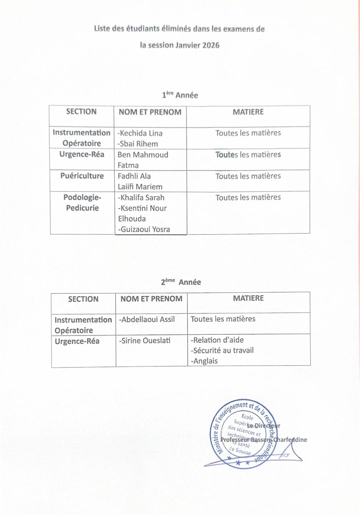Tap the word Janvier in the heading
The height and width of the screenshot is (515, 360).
(185, 45)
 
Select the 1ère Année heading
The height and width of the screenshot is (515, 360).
(180, 95)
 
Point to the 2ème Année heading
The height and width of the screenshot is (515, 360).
(181, 282)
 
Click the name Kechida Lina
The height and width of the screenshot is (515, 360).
(140, 133)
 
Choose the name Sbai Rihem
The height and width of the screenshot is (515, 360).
(137, 144)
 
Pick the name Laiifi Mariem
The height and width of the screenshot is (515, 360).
(140, 187)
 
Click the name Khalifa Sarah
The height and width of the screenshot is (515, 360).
(141, 198)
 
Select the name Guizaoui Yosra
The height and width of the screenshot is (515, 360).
(144, 229)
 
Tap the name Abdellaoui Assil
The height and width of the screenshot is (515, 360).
(147, 319)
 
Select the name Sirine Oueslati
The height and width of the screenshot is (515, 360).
(145, 341)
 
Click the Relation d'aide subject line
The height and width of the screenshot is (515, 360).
(217, 340)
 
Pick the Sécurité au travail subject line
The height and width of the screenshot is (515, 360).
(222, 350)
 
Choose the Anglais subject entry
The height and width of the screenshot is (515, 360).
(204, 361)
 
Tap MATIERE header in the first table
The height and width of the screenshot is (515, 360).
(248, 112)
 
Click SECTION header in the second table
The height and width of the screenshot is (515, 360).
(83, 299)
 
